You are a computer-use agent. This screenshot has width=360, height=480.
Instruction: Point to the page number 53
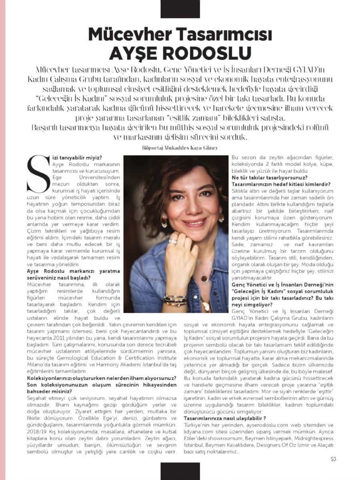333,459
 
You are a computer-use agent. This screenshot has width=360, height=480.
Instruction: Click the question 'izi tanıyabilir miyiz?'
76,158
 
